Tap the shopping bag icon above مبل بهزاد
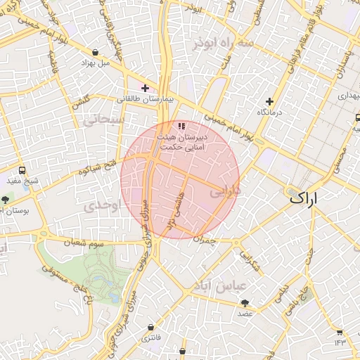pyautogui.click(x=96, y=51)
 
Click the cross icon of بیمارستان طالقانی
pyautogui.click(x=145, y=88)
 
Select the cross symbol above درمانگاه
pyautogui.click(x=269, y=101)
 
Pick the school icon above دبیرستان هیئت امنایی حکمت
pyautogui.click(x=181, y=127)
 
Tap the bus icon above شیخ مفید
pyautogui.click(x=22, y=170)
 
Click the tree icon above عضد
pyautogui.click(x=245, y=303)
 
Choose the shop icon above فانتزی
pyautogui.click(x=151, y=328)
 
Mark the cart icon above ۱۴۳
pyautogui.click(x=340, y=332)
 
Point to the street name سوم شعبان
pyautogui.click(x=84, y=243)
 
